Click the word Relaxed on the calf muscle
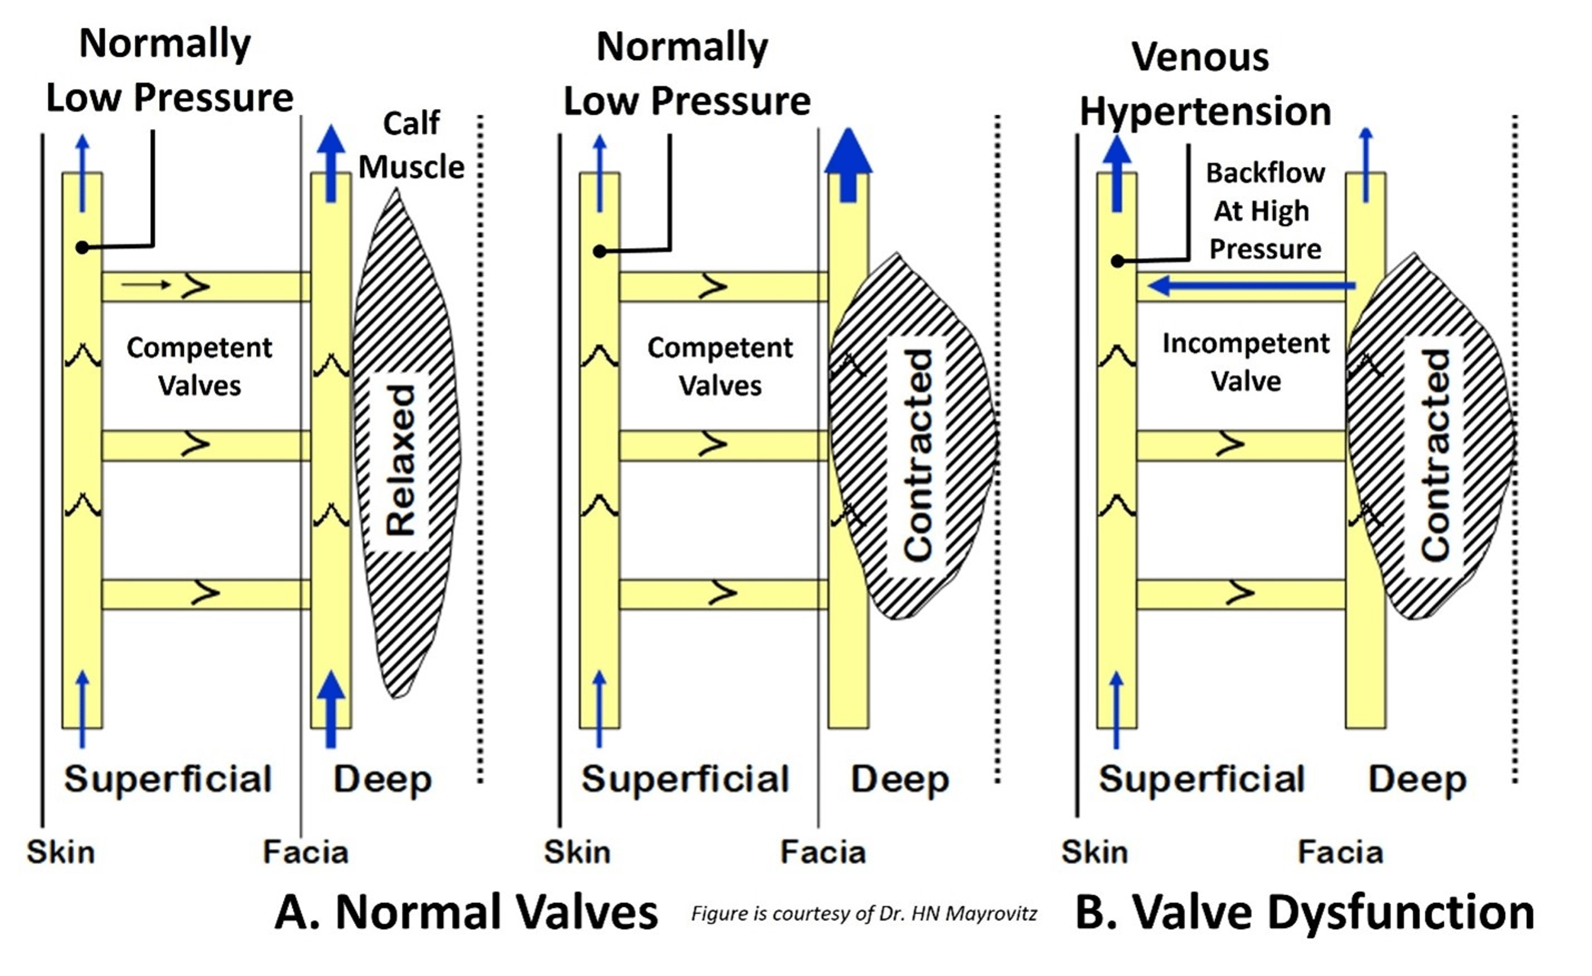pos(400,460)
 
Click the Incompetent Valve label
pos(1245,362)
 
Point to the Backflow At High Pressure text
pos(1265,211)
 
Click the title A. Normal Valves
pos(466,911)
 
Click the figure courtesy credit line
pos(864,913)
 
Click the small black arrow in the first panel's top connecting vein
pos(146,284)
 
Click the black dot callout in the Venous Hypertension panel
pos(1117,261)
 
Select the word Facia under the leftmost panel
pos(306,852)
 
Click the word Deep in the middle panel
pos(899,779)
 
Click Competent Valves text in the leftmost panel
pos(200,366)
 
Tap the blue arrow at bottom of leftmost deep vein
pos(331,709)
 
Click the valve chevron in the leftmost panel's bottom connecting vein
pos(205,592)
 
